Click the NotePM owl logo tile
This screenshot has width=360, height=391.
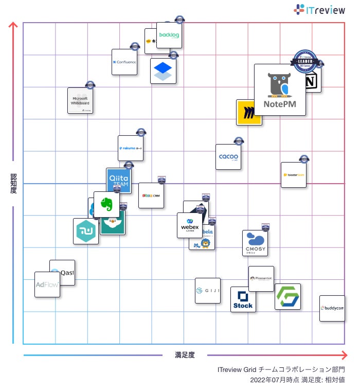click(280, 90)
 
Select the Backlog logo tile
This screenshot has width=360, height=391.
click(169, 35)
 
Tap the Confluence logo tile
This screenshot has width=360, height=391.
click(124, 62)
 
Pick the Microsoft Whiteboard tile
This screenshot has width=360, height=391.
click(80, 100)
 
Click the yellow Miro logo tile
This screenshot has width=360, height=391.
click(248, 113)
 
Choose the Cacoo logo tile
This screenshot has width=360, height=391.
click(228, 157)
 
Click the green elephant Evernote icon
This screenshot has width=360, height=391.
click(106, 204)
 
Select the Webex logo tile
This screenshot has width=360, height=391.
click(190, 225)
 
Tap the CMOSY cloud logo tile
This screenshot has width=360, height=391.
click(255, 243)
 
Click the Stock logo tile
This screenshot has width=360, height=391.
click(243, 299)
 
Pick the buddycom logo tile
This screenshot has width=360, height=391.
click(332, 308)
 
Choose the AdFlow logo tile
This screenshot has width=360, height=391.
click(47, 285)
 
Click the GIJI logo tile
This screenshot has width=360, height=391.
click(207, 291)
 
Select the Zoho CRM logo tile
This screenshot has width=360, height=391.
click(151, 195)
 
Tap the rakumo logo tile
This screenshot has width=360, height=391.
click(131, 148)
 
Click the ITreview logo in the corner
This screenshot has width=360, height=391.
click(319, 9)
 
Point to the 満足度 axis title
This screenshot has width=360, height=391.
click(185, 354)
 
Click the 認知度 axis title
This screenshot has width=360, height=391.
click(13, 184)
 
